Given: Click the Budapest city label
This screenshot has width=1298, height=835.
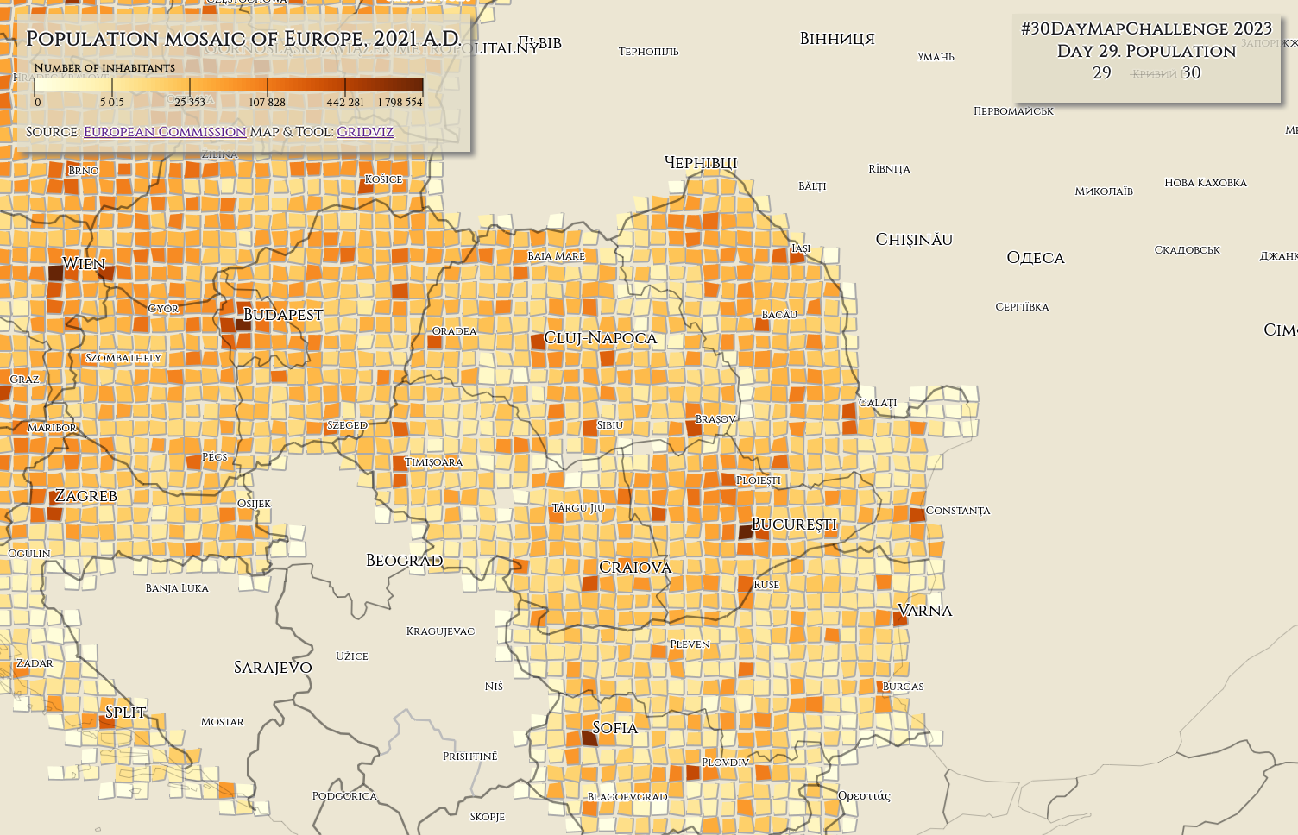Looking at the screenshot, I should point(283,315).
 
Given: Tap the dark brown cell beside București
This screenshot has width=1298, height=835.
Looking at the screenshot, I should point(746,531).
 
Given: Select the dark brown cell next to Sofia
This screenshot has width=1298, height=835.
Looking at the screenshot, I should point(589,738).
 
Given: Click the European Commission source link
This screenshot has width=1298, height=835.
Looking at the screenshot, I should point(165,132).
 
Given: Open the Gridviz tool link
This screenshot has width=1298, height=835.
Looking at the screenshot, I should point(365,132).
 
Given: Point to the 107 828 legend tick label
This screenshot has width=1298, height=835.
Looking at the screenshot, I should point(267,102).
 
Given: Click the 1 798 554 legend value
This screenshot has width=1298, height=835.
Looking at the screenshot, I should point(400,102).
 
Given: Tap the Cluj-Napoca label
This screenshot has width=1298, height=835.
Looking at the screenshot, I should point(600,338).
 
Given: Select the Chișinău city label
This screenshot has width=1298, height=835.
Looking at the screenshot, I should point(914,240).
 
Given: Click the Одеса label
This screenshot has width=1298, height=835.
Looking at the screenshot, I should point(1036,258).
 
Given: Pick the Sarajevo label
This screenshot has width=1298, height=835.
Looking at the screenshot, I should point(273,668).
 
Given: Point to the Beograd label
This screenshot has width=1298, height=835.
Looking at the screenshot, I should point(404,561).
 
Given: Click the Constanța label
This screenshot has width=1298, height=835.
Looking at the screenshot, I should point(958,511).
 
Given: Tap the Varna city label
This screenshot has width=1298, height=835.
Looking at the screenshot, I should point(925,611).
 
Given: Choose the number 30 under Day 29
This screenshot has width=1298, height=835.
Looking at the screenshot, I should point(1191,73).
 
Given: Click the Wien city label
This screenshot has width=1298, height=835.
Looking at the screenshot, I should point(84,264).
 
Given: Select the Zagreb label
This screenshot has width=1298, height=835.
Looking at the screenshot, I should point(85,496).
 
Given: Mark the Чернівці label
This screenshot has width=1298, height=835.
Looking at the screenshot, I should point(701,163).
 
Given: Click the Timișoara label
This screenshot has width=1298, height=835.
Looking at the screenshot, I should point(434,462).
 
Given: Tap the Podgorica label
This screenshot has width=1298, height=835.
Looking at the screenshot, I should point(344,796).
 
